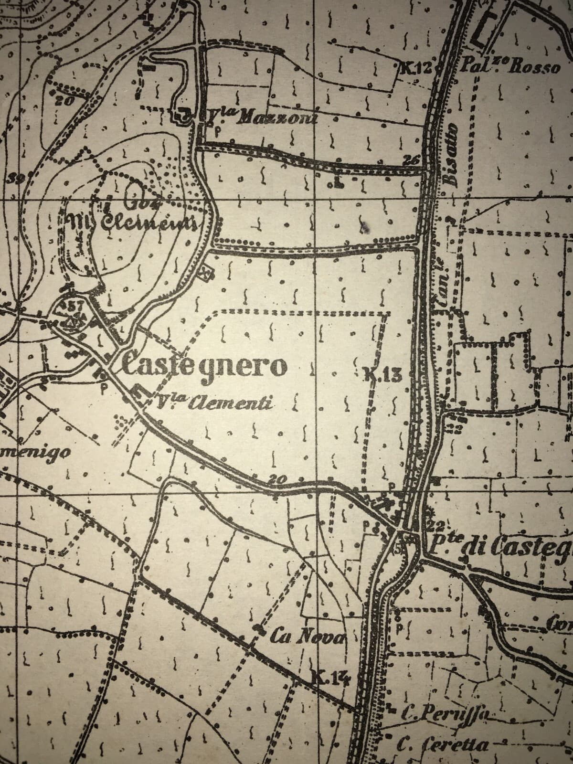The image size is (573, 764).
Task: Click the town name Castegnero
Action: [x=205, y=367]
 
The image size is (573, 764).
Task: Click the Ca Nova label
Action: [x=307, y=636]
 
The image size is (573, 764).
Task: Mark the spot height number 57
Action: [x=76, y=306]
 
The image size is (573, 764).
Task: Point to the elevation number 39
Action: [x=16, y=179]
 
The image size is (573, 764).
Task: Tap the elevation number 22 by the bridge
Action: [x=433, y=525]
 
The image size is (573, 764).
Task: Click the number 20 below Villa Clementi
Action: [x=280, y=479]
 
